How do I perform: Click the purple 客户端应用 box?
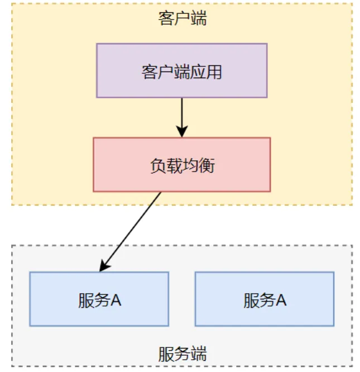[182, 71]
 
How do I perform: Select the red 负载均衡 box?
[182, 165]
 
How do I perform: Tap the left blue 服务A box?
[99, 299]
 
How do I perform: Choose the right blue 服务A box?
[264, 299]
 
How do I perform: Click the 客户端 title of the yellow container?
[182, 18]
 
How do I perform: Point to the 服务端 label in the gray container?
[182, 354]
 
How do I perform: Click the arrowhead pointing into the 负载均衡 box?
[182, 132]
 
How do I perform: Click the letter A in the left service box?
[116, 300]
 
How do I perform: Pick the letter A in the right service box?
[281, 300]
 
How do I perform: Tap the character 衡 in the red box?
[207, 165]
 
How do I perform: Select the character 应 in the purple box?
[198, 72]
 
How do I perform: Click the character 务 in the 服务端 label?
[182, 354]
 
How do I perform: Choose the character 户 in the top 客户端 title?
[182, 18]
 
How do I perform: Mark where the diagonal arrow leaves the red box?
[161, 193]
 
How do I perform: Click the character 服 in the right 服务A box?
[251, 300]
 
